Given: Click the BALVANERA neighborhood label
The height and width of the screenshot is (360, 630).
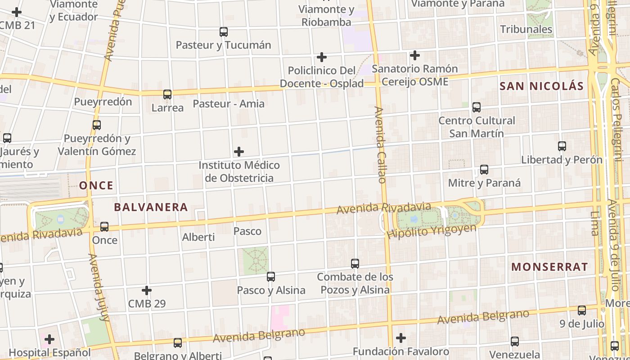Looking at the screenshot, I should coord(151,207).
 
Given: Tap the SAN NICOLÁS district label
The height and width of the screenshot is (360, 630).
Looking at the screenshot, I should coord(542,86).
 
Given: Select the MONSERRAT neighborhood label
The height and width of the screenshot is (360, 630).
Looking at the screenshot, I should coord(549,267).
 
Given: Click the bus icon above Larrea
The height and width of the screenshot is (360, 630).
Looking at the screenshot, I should coord(167,94).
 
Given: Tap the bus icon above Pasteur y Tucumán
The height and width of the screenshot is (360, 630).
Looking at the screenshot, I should coord(224,32).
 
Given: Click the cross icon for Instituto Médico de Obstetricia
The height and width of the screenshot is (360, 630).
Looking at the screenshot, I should coord(239,152).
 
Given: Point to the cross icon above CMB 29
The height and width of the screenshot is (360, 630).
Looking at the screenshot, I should coord(147,291).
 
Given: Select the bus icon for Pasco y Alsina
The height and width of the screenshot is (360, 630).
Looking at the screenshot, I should coord(271,277).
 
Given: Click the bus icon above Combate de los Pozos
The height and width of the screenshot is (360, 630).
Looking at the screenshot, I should coord(355,263).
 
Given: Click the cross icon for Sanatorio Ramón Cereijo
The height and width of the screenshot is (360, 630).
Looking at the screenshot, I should coord(415,56).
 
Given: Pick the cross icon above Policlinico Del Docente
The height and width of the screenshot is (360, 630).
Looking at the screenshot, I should coord(322,57).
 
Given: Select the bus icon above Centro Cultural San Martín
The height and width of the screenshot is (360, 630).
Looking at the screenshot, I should coord(477,108).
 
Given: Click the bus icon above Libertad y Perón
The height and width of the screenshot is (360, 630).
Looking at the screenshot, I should coord(562,146).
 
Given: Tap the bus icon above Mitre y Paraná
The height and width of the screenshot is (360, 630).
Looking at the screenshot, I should coord(484,170).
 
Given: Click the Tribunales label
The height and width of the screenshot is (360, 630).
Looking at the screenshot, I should coord(526,29).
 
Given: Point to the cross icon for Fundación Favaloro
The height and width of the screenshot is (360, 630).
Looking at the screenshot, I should coord(401,338).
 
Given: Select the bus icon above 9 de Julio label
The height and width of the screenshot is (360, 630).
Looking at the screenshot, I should coord(582,310).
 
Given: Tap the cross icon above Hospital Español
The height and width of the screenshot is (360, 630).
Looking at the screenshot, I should coord(49,339).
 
